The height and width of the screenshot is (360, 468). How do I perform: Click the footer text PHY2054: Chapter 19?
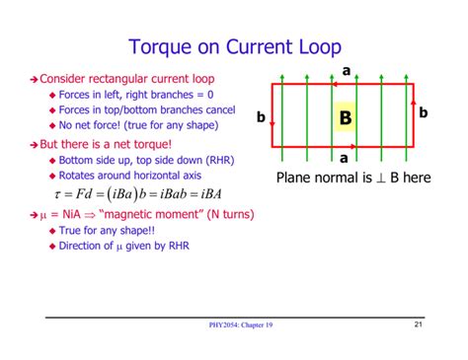pyautogui.click(x=234, y=326)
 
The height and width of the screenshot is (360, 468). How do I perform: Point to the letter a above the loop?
pyautogui.click(x=346, y=71)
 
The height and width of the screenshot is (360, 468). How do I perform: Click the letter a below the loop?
pyautogui.click(x=344, y=158)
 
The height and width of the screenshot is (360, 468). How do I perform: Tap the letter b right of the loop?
pyautogui.click(x=424, y=112)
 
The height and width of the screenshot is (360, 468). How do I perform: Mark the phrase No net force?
pyautogui.click(x=93, y=125)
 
